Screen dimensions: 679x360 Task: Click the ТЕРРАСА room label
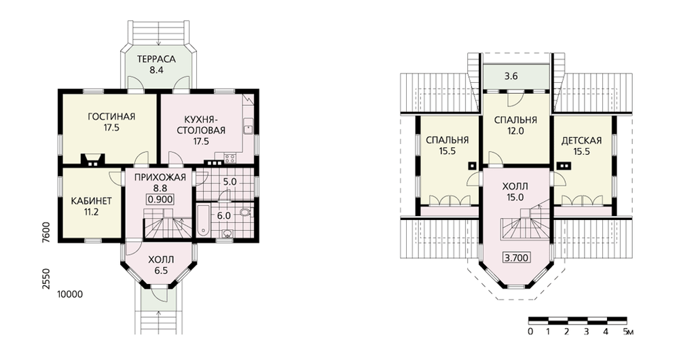click(x=156, y=59)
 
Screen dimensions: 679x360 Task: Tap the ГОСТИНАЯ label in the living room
click(x=111, y=117)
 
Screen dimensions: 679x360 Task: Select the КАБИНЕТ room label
click(x=92, y=201)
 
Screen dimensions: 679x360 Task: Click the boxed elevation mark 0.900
click(x=160, y=199)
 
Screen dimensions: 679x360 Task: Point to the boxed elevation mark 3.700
click(x=517, y=257)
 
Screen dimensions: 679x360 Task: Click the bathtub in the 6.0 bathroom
click(x=203, y=221)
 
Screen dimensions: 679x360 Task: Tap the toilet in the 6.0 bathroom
click(x=244, y=213)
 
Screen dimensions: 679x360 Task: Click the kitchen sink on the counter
click(x=248, y=128)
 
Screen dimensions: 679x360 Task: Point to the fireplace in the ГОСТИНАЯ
click(x=92, y=160)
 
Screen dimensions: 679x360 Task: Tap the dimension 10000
click(x=70, y=295)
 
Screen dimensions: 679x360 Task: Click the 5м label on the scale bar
click(x=628, y=332)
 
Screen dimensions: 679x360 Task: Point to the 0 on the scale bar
click(x=530, y=332)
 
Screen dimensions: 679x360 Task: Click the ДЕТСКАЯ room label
click(x=582, y=141)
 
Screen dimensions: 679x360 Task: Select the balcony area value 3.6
click(x=511, y=76)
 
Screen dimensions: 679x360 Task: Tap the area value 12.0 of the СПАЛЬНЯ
click(x=515, y=131)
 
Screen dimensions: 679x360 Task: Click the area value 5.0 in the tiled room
click(x=230, y=182)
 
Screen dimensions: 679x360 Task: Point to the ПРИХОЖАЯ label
click(x=160, y=177)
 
